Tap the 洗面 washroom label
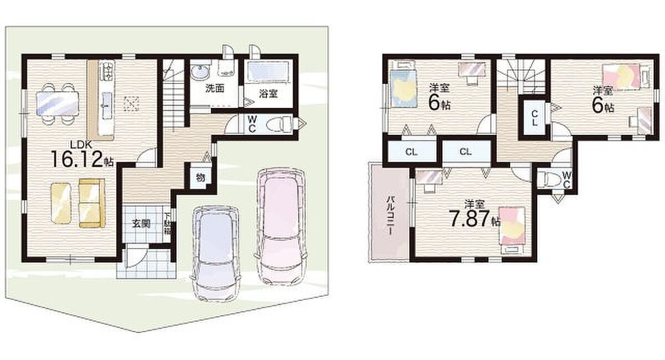pyautogui.click(x=215, y=89)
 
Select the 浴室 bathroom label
pyautogui.click(x=268, y=94)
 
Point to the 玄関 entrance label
pyautogui.click(x=141, y=224)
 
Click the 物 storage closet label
pyautogui.click(x=201, y=178)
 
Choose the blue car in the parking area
pyautogui.click(x=216, y=254)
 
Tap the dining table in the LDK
pyautogui.click(x=58, y=103)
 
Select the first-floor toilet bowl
pyautogui.click(x=277, y=124)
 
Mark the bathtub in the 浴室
pyautogui.click(x=268, y=73)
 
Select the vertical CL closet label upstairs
pyautogui.click(x=535, y=119)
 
